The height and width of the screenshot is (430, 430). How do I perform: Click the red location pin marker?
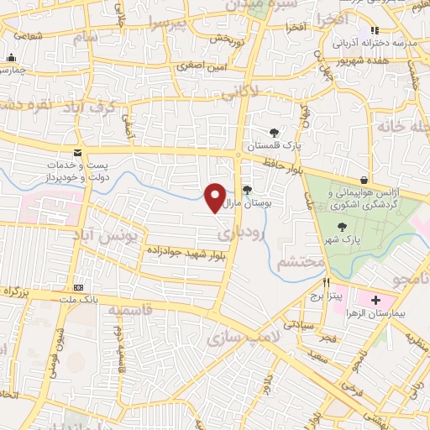tap(215, 197)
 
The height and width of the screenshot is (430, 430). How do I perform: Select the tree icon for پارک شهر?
tap(342, 227)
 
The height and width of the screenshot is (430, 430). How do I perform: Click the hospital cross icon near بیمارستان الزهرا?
tap(375, 300)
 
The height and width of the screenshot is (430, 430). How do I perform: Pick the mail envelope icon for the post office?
tap(78, 153)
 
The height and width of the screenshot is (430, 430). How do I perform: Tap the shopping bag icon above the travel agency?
tap(363, 180)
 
